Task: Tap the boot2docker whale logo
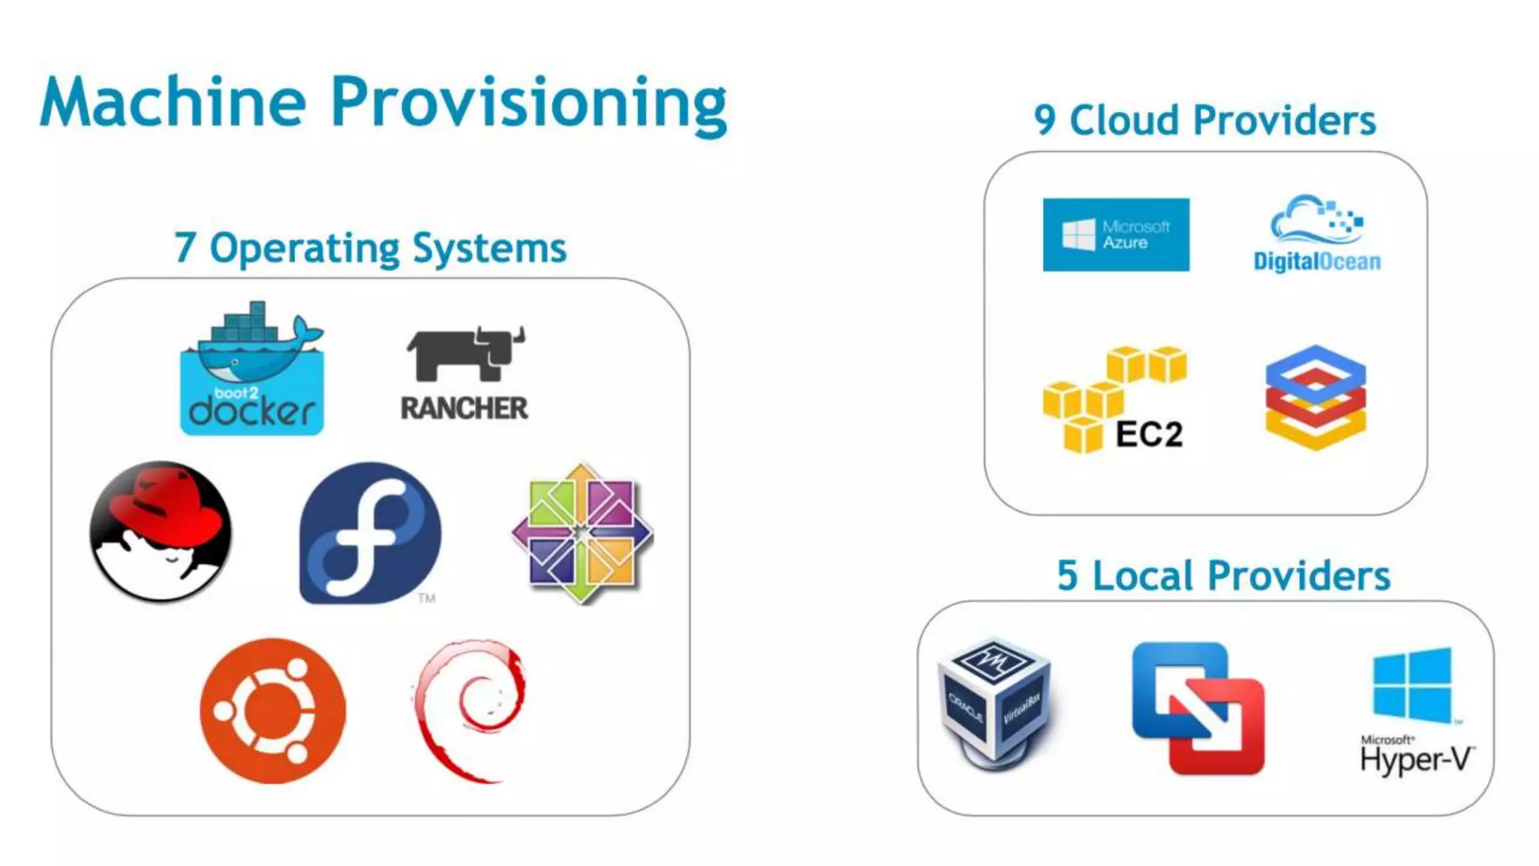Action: click(x=252, y=368)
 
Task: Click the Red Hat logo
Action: click(x=160, y=531)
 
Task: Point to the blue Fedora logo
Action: click(x=370, y=533)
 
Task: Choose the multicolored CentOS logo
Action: click(x=582, y=533)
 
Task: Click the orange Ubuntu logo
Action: click(x=273, y=710)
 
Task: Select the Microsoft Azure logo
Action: click(x=1116, y=235)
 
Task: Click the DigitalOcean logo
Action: click(x=1317, y=234)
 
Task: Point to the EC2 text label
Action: click(x=1149, y=434)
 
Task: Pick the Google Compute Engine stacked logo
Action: click(x=1315, y=397)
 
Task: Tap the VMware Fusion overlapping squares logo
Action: click(x=1199, y=707)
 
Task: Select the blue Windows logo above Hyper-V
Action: click(x=1412, y=684)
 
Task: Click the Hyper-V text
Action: click(x=1416, y=760)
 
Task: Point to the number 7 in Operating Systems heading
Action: click(x=185, y=248)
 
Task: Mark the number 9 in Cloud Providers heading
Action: click(x=1045, y=120)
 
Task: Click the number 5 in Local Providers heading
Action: click(x=1067, y=577)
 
